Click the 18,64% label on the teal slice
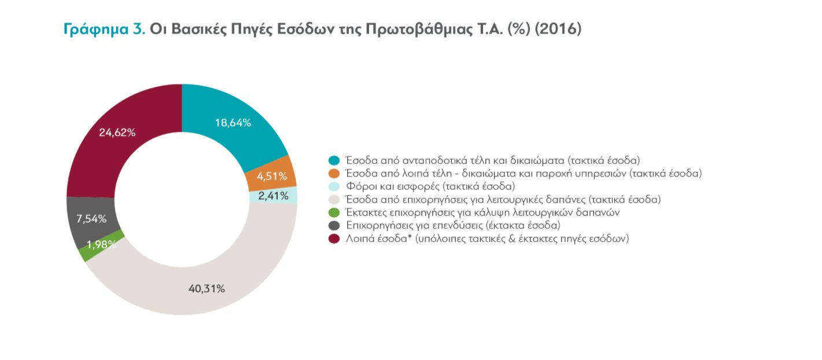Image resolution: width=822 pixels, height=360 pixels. click(233, 123)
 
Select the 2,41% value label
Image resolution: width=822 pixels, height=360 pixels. click(273, 196)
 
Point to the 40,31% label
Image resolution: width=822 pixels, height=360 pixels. click(207, 288)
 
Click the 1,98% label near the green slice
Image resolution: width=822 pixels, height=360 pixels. click(101, 245)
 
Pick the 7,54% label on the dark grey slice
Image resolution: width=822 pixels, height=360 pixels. click(92, 219)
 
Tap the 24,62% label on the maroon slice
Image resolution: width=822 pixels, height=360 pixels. click(117, 133)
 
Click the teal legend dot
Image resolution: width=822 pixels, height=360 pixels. click(333, 160)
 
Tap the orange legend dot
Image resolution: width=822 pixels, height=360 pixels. click(333, 174)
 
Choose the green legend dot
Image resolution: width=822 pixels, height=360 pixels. click(333, 212)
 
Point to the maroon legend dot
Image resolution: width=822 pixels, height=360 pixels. click(333, 238)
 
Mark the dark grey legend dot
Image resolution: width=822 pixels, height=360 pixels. click(333, 225)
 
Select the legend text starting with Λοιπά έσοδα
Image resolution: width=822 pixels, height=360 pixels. click(486, 238)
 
